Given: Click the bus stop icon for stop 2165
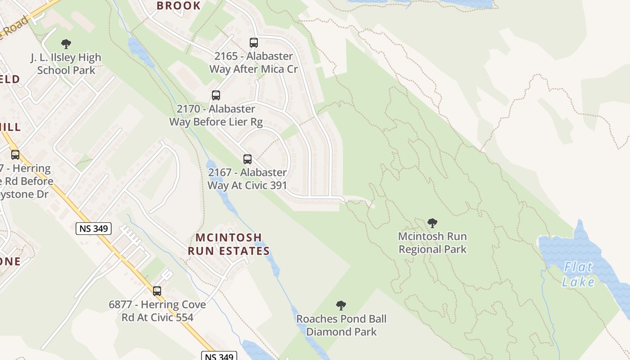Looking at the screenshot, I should (254, 43).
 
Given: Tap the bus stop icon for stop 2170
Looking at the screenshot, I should (216, 95).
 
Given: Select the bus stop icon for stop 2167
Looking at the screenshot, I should (247, 159).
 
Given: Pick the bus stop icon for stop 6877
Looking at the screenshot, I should (157, 291).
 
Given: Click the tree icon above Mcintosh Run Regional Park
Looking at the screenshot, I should (432, 223).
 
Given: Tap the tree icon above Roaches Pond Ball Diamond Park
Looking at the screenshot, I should (341, 306).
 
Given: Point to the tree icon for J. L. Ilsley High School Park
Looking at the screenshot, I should (66, 44).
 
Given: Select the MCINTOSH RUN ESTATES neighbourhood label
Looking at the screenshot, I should (229, 244).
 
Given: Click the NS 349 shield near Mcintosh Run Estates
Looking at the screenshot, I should (94, 229).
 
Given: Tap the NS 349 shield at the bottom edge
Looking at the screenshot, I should (219, 356).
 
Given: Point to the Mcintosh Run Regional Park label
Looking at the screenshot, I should (432, 243).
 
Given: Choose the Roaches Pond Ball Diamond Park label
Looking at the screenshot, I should (341, 325).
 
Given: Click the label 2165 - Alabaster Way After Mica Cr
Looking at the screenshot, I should (253, 63).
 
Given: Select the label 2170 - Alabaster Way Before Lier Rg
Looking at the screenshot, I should (216, 115).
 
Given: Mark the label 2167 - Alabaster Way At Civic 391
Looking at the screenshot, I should (247, 179).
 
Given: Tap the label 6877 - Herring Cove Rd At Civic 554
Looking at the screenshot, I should (157, 311).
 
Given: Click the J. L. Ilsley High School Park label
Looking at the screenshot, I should (66, 64).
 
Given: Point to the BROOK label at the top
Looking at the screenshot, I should (179, 6).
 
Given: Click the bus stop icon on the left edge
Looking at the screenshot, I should (15, 155).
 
